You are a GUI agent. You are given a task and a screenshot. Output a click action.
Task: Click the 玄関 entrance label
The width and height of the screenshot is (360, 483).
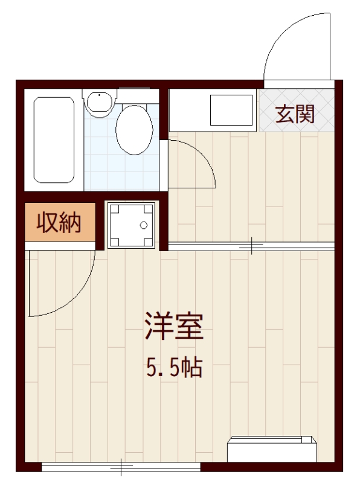tap(295, 113)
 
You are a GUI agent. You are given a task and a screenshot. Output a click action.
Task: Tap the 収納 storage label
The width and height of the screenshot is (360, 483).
tap(59, 223)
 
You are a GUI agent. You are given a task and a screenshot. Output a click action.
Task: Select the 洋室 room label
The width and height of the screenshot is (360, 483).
tap(173, 326)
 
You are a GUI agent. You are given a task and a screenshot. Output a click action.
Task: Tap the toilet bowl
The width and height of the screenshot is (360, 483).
tap(133, 129)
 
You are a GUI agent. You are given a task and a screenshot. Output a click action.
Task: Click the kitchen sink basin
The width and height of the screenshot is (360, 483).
tap(230, 110)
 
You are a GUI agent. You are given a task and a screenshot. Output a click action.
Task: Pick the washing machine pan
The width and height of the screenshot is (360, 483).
tap(130, 225)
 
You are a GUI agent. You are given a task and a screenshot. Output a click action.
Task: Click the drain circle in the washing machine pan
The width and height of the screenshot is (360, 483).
tap(143, 226)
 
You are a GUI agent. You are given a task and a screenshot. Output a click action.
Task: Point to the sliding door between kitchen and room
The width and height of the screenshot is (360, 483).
tap(251, 246)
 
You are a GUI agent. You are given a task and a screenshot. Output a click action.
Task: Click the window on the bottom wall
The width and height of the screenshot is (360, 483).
tap(121, 467)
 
